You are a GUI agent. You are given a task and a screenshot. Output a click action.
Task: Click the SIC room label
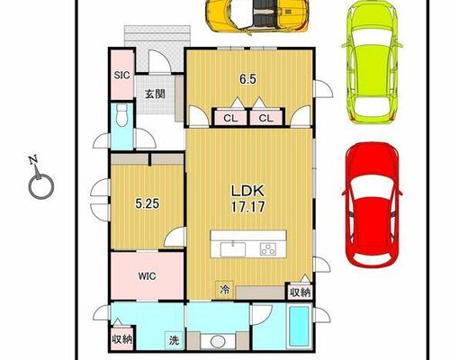pos(121,75)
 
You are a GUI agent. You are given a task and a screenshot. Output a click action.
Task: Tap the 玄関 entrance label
pos(155,94)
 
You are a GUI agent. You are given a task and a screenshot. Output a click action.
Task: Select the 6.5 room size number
pos(247,79)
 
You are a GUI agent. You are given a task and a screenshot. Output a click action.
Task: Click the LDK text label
pos(247,191)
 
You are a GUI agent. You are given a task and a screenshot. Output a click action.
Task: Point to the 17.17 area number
pos(247,207)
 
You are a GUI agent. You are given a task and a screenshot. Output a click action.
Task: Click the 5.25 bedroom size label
pos(147,204)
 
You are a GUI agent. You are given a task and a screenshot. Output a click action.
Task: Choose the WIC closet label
pos(147,276)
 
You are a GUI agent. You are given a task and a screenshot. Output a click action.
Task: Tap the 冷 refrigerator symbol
pos(224,290)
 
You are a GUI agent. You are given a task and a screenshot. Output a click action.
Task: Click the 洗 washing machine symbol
pos(174,340)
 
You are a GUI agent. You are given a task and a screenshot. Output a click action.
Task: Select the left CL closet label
pos(230,118)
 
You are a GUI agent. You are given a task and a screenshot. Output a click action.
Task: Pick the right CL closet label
pos(266,118)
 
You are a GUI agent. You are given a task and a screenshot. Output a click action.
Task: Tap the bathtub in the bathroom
pos(299,326)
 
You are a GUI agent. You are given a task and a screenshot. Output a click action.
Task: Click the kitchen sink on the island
pos(233,249)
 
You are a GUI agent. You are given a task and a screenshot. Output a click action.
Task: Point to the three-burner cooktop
pos(268,249)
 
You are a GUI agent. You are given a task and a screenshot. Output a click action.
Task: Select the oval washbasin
pos(218,342)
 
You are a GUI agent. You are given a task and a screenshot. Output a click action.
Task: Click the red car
pos(372,204)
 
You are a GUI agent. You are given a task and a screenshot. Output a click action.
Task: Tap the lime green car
pos(372,62)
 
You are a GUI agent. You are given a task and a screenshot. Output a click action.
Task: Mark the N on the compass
pos(33,160)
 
